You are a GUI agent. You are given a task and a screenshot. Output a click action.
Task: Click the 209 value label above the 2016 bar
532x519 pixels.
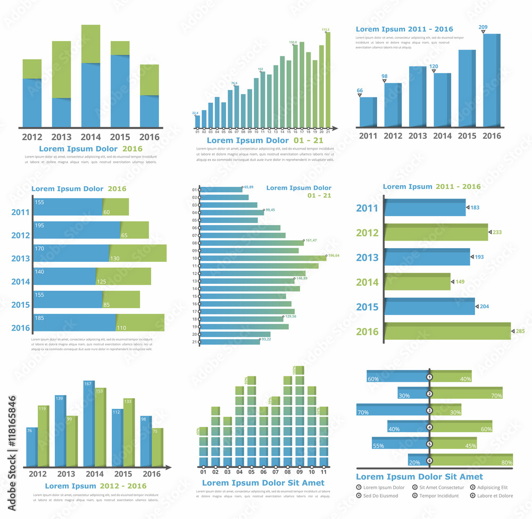tap(483, 27)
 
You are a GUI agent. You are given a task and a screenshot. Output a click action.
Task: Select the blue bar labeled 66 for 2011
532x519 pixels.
tap(368, 112)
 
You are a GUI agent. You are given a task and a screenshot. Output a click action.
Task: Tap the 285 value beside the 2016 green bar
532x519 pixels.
tap(520, 332)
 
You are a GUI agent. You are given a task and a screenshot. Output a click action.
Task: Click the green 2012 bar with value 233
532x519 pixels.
tap(436, 232)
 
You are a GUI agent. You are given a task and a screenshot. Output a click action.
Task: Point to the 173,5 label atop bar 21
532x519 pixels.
tap(326, 30)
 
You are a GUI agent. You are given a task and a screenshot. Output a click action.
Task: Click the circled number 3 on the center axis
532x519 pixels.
tap(429, 410)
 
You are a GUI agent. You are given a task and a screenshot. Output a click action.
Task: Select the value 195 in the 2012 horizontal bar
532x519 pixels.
tap(39, 226)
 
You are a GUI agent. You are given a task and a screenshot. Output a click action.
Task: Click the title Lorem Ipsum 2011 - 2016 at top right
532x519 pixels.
tap(404, 29)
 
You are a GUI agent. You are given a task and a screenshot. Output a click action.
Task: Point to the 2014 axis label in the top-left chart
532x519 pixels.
tap(90, 137)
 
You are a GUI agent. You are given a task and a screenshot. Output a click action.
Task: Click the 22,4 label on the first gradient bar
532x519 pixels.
tap(195, 113)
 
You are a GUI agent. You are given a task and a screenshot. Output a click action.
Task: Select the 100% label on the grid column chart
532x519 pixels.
tap(295, 369)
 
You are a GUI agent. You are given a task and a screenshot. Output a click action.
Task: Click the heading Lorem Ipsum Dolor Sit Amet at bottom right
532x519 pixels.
tap(419, 477)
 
